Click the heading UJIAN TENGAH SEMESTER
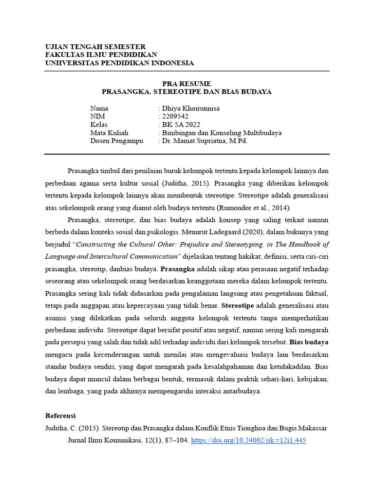tap(95, 47)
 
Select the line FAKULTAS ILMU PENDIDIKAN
tap(101, 55)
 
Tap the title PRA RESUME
tap(187, 84)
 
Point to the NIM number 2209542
tap(175, 117)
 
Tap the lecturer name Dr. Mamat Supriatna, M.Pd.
tap(205, 141)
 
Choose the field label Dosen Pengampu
tap(117, 141)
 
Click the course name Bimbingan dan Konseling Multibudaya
tap(222, 133)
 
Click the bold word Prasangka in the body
tap(178, 269)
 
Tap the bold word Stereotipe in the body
tap(238, 306)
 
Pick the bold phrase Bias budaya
tap(309, 342)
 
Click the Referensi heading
tap(60, 416)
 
